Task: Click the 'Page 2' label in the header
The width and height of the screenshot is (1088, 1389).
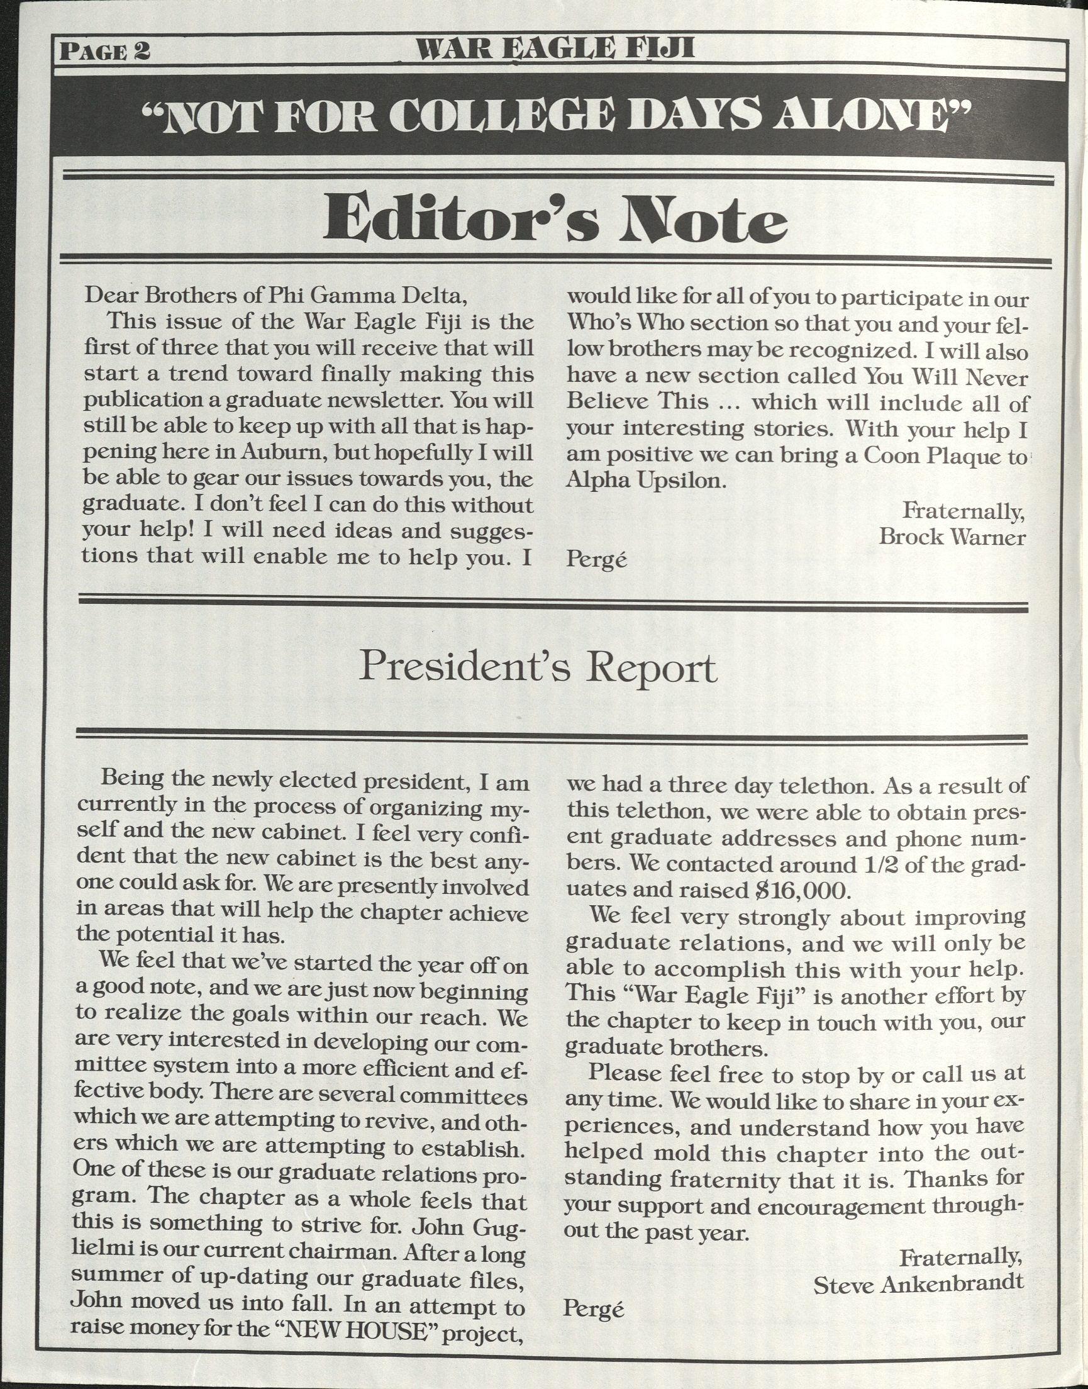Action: coord(104,50)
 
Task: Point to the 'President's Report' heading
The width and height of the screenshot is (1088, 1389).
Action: coord(538,667)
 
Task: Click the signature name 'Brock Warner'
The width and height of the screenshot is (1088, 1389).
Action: coord(952,537)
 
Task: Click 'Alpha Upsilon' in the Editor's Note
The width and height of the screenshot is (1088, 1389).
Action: coord(646,481)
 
